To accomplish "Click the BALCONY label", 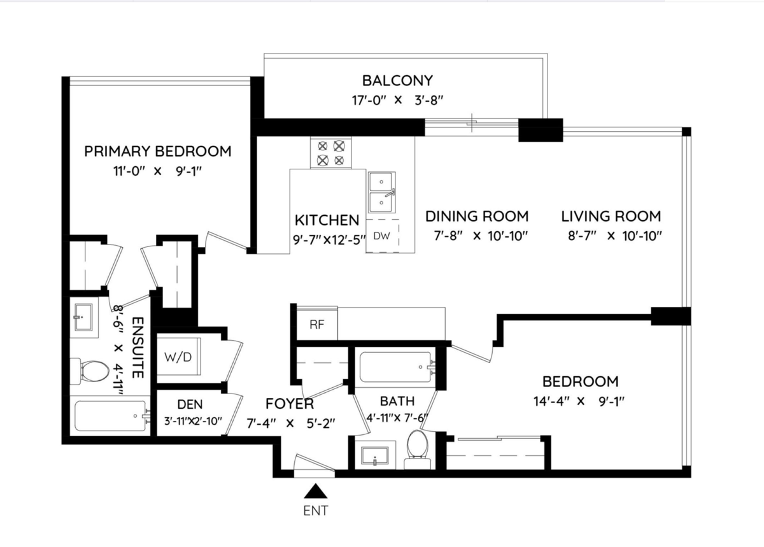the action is click(397, 80).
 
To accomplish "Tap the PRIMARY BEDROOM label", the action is click(158, 151).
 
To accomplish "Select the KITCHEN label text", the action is click(327, 220).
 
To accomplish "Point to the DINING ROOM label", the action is click(477, 217).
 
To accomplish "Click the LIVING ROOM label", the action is click(611, 217).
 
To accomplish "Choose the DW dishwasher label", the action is click(381, 236).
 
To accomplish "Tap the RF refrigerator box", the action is click(317, 323).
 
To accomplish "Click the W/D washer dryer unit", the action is click(178, 357).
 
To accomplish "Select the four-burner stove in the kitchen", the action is click(330, 153).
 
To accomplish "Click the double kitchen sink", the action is click(381, 193).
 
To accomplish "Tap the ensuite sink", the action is click(83, 317).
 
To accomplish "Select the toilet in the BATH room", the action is click(418, 449).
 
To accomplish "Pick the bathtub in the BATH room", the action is click(395, 367).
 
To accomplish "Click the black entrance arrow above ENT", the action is click(316, 491).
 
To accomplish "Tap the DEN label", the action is click(190, 404).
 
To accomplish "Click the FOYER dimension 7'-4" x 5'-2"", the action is click(290, 423).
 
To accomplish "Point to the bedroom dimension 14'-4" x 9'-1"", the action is click(579, 401).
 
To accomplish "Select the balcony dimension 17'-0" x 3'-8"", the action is click(397, 101).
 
